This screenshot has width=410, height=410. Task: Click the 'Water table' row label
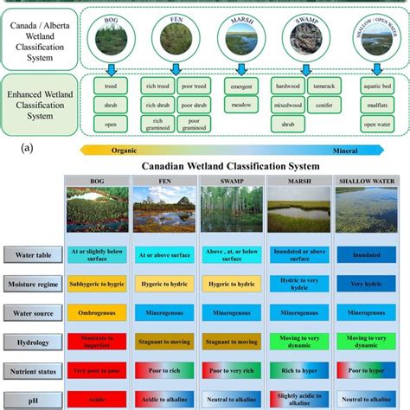tap(33, 253)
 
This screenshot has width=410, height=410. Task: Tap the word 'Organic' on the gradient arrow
tap(124, 149)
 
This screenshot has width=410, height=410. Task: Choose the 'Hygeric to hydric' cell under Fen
tap(164, 281)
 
